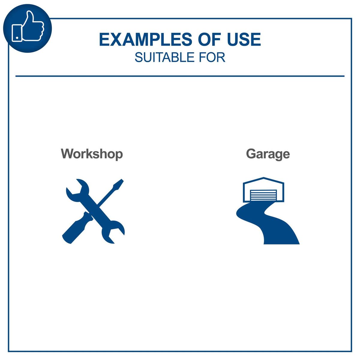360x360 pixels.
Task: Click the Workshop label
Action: point(92,154)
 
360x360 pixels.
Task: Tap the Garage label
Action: point(268,154)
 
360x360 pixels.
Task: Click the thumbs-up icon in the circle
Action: point(28,28)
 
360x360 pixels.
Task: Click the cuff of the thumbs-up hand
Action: point(16,32)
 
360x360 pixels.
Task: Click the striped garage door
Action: point(263,195)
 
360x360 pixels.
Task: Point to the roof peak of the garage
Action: point(263,178)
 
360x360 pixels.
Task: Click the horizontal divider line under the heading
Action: point(180,76)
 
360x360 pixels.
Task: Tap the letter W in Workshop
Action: point(67,154)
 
